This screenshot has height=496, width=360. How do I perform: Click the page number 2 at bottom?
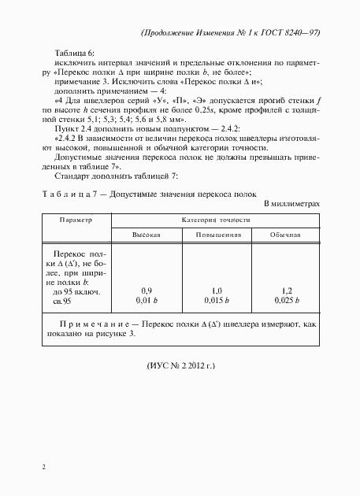pos(43,468)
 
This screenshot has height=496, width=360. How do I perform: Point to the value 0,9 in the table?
pos(147,291)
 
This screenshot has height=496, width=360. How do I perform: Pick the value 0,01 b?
pos(147,300)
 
